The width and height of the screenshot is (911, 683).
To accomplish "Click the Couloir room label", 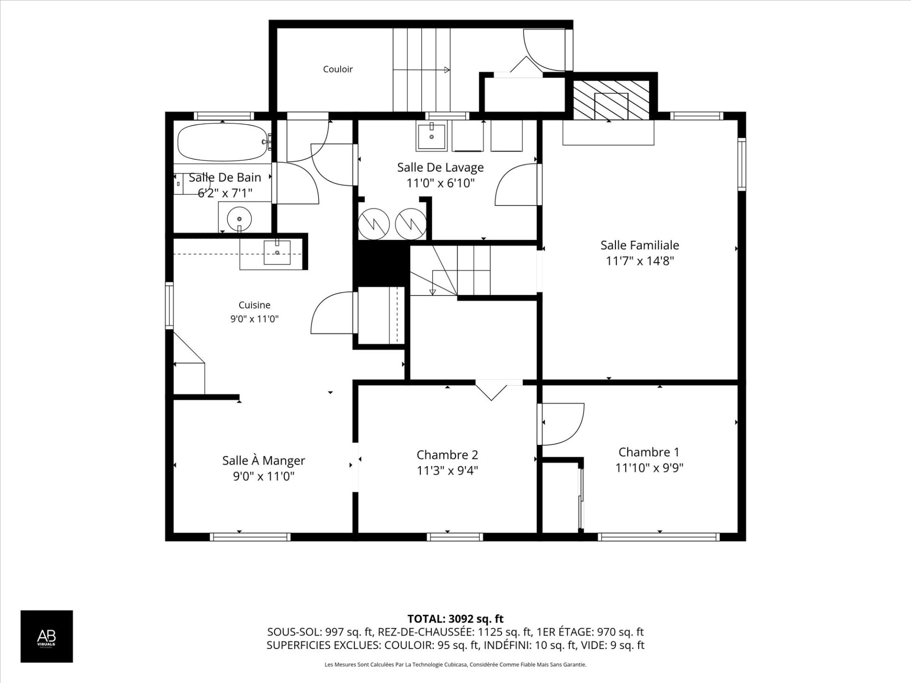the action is [338, 69].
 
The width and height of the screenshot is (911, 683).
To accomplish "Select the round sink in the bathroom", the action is [239, 219].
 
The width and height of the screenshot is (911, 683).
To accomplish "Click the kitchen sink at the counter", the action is [277, 252].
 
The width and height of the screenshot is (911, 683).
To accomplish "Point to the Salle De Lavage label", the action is [440, 167].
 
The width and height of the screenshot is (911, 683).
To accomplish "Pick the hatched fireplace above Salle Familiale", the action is [611, 100].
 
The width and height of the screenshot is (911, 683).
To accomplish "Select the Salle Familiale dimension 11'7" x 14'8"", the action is [640, 261].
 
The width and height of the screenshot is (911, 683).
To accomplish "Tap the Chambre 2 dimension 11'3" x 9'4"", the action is [447, 471].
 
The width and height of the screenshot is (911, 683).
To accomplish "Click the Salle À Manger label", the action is [264, 460].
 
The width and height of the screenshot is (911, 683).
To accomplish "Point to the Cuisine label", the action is [254, 305].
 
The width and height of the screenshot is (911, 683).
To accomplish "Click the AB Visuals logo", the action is [46, 636].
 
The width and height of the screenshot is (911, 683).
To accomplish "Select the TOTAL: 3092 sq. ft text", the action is [455, 619].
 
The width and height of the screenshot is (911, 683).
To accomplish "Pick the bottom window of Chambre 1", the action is [659, 537].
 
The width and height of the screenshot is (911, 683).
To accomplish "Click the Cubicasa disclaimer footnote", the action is [455, 665].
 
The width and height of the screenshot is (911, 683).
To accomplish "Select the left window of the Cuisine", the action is [169, 305].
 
